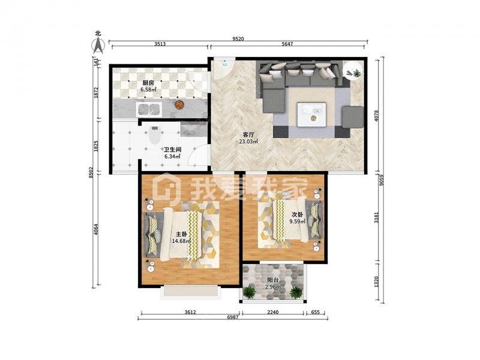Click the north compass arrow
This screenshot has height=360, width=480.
[x=98, y=46]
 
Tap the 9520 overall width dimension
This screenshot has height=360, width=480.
[x=238, y=39]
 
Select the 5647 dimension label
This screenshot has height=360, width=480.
[x=287, y=44]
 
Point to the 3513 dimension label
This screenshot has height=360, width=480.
[x=160, y=44]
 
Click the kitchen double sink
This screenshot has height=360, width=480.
[x=149, y=110]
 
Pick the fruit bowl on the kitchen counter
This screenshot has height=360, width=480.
[x=179, y=104]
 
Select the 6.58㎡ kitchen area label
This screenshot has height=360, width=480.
[x=148, y=89]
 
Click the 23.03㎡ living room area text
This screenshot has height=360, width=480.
[x=248, y=142]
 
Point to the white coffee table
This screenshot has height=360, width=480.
[x=311, y=115]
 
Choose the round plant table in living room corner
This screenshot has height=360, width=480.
[x=352, y=71]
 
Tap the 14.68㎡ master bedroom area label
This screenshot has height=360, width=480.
[x=181, y=241]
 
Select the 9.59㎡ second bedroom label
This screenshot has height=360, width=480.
[x=298, y=221]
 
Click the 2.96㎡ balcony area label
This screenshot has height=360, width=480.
[x=273, y=287]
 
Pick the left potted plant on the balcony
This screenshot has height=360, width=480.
[x=250, y=292]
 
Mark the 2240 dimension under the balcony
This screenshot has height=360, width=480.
[x=273, y=312]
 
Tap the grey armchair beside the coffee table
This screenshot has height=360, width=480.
[x=353, y=117]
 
